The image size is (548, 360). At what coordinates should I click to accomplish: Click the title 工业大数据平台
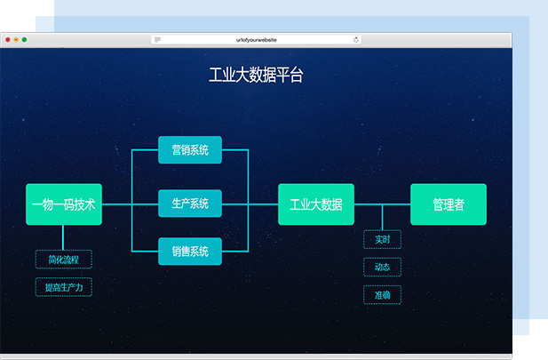pos(256,76)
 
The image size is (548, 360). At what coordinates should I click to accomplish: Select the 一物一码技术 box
pos(64,204)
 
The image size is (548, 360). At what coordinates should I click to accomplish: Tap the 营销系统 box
pos(189,150)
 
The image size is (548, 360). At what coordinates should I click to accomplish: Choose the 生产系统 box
pos(189,204)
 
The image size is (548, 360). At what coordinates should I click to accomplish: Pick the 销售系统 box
pos(189,252)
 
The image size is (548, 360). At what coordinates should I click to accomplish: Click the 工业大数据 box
pos(315,204)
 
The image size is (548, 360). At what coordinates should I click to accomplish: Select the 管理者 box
pos(448,204)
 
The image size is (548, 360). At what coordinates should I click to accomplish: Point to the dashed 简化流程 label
pos(63,260)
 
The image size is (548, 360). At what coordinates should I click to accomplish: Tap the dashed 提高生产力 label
pos(63,287)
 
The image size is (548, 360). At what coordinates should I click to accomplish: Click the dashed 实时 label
pos(382,239)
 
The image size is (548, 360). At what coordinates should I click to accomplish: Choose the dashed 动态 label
pos(382,267)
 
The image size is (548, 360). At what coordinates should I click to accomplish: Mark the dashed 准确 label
pos(382,294)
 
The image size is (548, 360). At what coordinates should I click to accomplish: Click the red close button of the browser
pos(8,40)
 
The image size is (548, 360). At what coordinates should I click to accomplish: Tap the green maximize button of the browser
pos(24,40)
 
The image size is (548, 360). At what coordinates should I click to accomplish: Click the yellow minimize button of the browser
pos(16,40)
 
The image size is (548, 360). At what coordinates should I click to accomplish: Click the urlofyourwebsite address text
pos(256,40)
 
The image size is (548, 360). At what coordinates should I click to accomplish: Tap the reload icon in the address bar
pos(356,40)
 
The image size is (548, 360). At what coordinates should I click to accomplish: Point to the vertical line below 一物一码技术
pos(63,237)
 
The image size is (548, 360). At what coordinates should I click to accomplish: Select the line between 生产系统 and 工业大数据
pos(263,204)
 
